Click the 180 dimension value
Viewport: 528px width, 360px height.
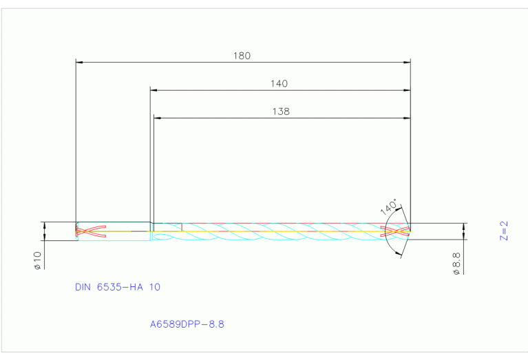(x=242, y=56)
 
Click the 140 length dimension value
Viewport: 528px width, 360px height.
(x=279, y=83)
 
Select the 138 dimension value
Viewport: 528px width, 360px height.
(x=281, y=112)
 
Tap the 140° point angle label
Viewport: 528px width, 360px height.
(x=389, y=207)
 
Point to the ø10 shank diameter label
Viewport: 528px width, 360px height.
(x=38, y=260)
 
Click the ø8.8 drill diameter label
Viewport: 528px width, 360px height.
(x=456, y=263)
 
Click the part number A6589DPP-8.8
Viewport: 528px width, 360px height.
(x=187, y=322)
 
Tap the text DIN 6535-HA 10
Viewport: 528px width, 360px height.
(x=117, y=286)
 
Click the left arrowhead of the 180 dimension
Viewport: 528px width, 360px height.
(x=79, y=63)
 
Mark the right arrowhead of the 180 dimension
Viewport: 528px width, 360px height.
(x=407, y=63)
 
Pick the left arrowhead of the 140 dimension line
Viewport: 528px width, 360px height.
(x=154, y=90)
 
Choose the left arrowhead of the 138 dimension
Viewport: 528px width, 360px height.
(x=157, y=118)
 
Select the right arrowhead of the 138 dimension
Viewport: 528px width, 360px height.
(x=407, y=118)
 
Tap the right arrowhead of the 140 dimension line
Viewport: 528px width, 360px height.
(x=407, y=90)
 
